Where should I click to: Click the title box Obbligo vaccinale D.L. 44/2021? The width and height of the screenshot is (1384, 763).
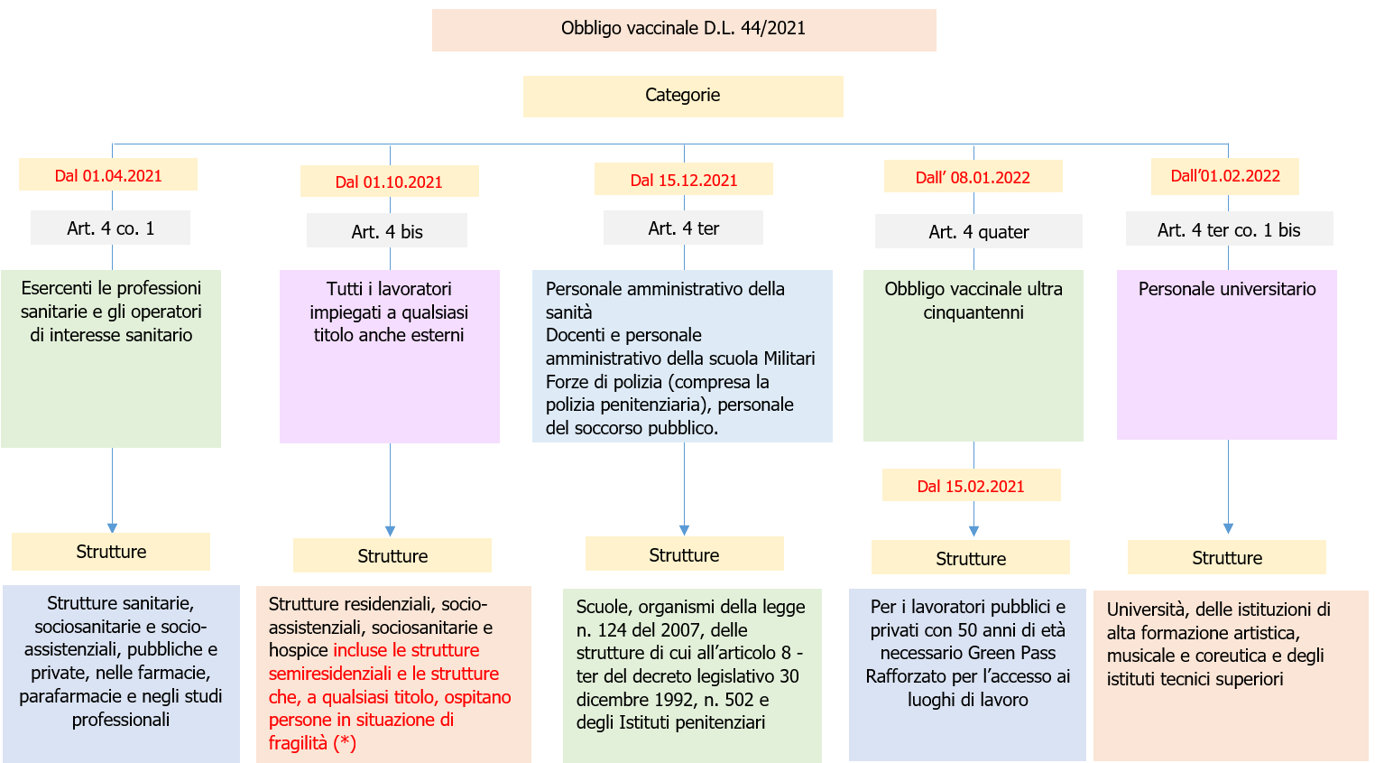683,29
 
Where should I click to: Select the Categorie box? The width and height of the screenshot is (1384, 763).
682,96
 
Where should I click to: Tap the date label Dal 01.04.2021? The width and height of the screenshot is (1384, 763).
108,176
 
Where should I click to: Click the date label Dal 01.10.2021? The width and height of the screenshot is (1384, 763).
389,181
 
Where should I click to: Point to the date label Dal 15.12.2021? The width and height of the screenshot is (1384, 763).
683,180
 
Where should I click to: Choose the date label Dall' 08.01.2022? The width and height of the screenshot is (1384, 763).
973,177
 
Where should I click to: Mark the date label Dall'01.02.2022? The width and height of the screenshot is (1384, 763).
1224,176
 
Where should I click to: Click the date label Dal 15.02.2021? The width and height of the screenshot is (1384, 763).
971,486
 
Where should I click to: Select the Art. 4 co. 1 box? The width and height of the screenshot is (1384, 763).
110,228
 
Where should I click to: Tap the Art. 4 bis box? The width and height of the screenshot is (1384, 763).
387,231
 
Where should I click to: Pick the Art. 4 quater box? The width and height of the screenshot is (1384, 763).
978,232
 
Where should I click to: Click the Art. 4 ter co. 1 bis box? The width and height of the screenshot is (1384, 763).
1228,230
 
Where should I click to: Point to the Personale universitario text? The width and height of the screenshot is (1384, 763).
1227,289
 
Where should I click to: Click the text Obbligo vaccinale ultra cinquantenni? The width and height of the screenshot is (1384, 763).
973,301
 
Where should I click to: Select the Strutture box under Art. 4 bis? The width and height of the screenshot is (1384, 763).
392,556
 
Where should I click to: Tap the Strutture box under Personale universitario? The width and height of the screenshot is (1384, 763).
1226,558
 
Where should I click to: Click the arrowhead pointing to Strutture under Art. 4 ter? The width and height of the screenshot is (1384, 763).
684,530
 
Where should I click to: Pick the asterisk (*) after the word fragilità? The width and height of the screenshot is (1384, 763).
345,743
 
